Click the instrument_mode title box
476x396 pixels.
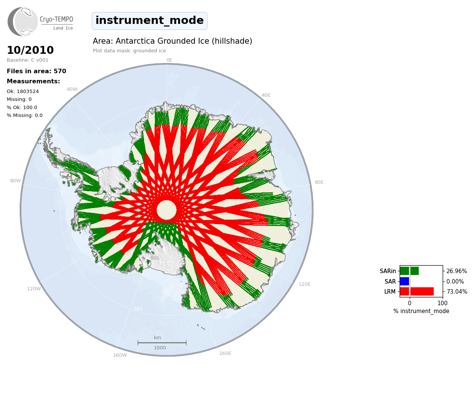click(x=150, y=21)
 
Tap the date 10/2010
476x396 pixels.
click(x=30, y=50)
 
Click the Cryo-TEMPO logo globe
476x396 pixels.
click(x=22, y=21)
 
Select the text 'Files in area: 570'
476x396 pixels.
click(x=36, y=71)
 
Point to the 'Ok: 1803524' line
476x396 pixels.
click(x=23, y=91)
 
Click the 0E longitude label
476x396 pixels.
click(x=170, y=60)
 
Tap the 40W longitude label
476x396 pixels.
click(x=72, y=89)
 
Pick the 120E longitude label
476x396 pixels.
click(x=305, y=284)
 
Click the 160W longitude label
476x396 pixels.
click(x=120, y=355)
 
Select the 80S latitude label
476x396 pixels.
click(x=155, y=258)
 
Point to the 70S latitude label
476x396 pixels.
click(x=138, y=309)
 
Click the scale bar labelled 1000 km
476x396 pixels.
click(x=162, y=343)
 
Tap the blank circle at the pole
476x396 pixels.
click(x=167, y=210)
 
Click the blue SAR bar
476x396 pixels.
click(x=405, y=281)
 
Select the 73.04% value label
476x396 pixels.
click(x=457, y=291)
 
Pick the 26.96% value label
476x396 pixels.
click(x=457, y=271)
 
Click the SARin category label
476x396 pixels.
click(x=388, y=271)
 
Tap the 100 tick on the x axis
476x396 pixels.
click(x=442, y=303)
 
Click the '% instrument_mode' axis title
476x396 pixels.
click(x=421, y=311)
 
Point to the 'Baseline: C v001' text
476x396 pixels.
click(x=28, y=60)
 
